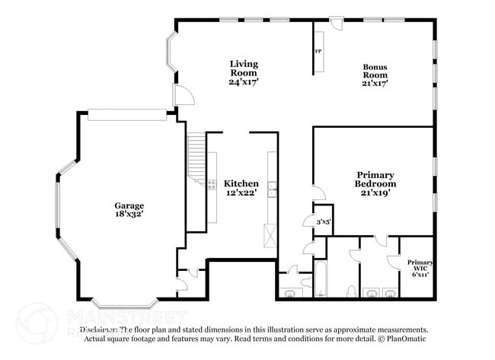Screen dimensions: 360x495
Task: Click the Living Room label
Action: [x=245, y=72]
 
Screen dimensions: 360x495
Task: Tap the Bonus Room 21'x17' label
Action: [x=374, y=75]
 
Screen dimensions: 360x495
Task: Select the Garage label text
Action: [x=129, y=210]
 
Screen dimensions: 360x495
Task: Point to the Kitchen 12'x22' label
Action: [x=241, y=188]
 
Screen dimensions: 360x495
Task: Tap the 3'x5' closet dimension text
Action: [x=324, y=222]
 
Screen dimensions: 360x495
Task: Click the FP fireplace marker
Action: [x=318, y=52]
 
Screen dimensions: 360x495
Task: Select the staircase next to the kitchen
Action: [x=196, y=155]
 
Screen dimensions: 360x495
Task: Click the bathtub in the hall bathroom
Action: [x=320, y=279]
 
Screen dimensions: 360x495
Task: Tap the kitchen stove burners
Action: [x=211, y=183]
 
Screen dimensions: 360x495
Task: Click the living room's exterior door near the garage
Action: [x=182, y=96]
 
